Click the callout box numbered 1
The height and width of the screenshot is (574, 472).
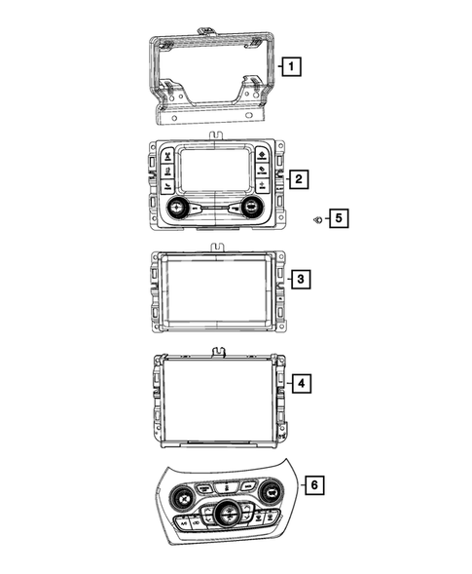290,67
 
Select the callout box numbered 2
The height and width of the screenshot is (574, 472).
300,179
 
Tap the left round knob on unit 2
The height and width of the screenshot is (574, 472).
178,208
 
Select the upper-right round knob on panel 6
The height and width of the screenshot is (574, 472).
271,495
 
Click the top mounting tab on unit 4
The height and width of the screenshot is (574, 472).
214,351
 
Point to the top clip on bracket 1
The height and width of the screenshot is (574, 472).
206,30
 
